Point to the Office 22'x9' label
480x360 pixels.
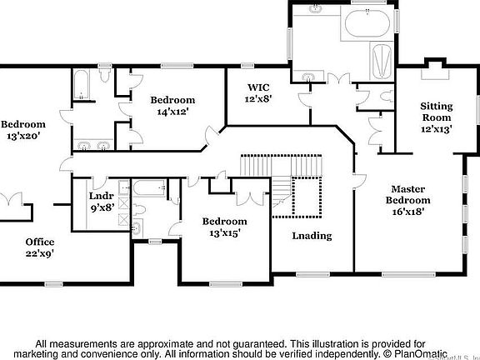(x=39, y=247)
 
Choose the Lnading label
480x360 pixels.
(x=312, y=236)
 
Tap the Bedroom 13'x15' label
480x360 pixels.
(x=225, y=227)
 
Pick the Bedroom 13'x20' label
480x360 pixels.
(x=22, y=130)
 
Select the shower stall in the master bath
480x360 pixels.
(x=379, y=62)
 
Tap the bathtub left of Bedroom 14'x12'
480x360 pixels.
(x=82, y=85)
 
